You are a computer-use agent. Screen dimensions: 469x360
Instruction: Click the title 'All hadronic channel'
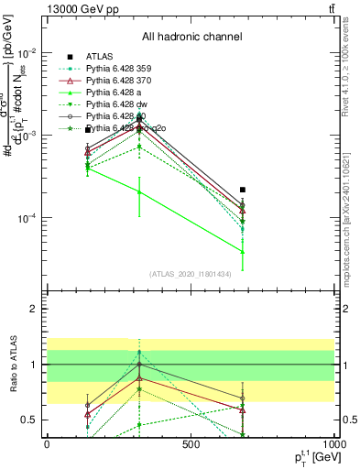[191, 37]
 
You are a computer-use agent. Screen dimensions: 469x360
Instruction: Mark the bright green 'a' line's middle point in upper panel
[139, 191]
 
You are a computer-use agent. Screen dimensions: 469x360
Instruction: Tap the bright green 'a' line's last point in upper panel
[243, 251]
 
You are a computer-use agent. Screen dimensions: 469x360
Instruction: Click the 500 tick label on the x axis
[191, 443]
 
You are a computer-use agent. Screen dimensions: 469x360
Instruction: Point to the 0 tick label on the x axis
[48, 443]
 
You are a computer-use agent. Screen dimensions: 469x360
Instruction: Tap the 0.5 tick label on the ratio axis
[29, 420]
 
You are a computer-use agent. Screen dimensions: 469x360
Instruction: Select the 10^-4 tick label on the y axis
[26, 218]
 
